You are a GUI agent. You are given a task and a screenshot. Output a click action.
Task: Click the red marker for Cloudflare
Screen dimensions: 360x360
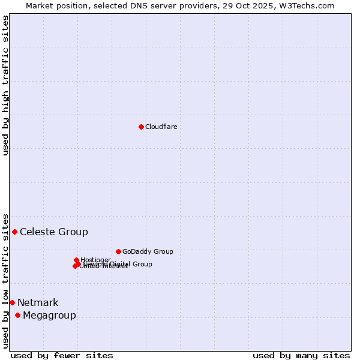point(141,127)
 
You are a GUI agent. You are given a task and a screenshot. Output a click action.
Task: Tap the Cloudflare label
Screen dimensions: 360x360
point(161,127)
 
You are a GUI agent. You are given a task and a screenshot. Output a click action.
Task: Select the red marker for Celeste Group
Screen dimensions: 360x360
point(14,232)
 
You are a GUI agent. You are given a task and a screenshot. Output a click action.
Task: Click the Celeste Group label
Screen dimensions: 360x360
point(54,232)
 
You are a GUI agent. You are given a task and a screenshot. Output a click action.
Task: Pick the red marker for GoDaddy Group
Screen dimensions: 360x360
point(118,251)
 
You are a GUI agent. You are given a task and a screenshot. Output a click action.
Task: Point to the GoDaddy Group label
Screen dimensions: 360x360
point(148,252)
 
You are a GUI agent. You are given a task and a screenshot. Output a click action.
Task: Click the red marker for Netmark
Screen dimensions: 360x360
point(12,302)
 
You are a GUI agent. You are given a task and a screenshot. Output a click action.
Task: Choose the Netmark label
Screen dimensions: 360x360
point(38,303)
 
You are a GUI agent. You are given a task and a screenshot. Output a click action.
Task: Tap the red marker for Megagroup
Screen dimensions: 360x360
point(17,315)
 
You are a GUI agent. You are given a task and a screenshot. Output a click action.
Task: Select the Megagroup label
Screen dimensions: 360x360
point(49,316)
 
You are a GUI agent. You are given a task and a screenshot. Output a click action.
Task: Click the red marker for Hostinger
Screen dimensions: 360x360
point(76,260)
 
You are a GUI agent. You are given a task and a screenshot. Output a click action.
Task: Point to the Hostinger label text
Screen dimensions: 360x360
point(95,260)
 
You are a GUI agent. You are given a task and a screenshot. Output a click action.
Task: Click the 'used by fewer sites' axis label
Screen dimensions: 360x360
point(62,355)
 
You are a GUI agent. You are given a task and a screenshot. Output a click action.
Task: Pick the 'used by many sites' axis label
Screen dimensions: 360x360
point(301,355)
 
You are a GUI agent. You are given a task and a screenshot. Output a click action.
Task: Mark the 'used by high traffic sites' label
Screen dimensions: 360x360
point(5,85)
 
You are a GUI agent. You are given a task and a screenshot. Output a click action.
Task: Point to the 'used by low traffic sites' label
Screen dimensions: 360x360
point(5,281)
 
